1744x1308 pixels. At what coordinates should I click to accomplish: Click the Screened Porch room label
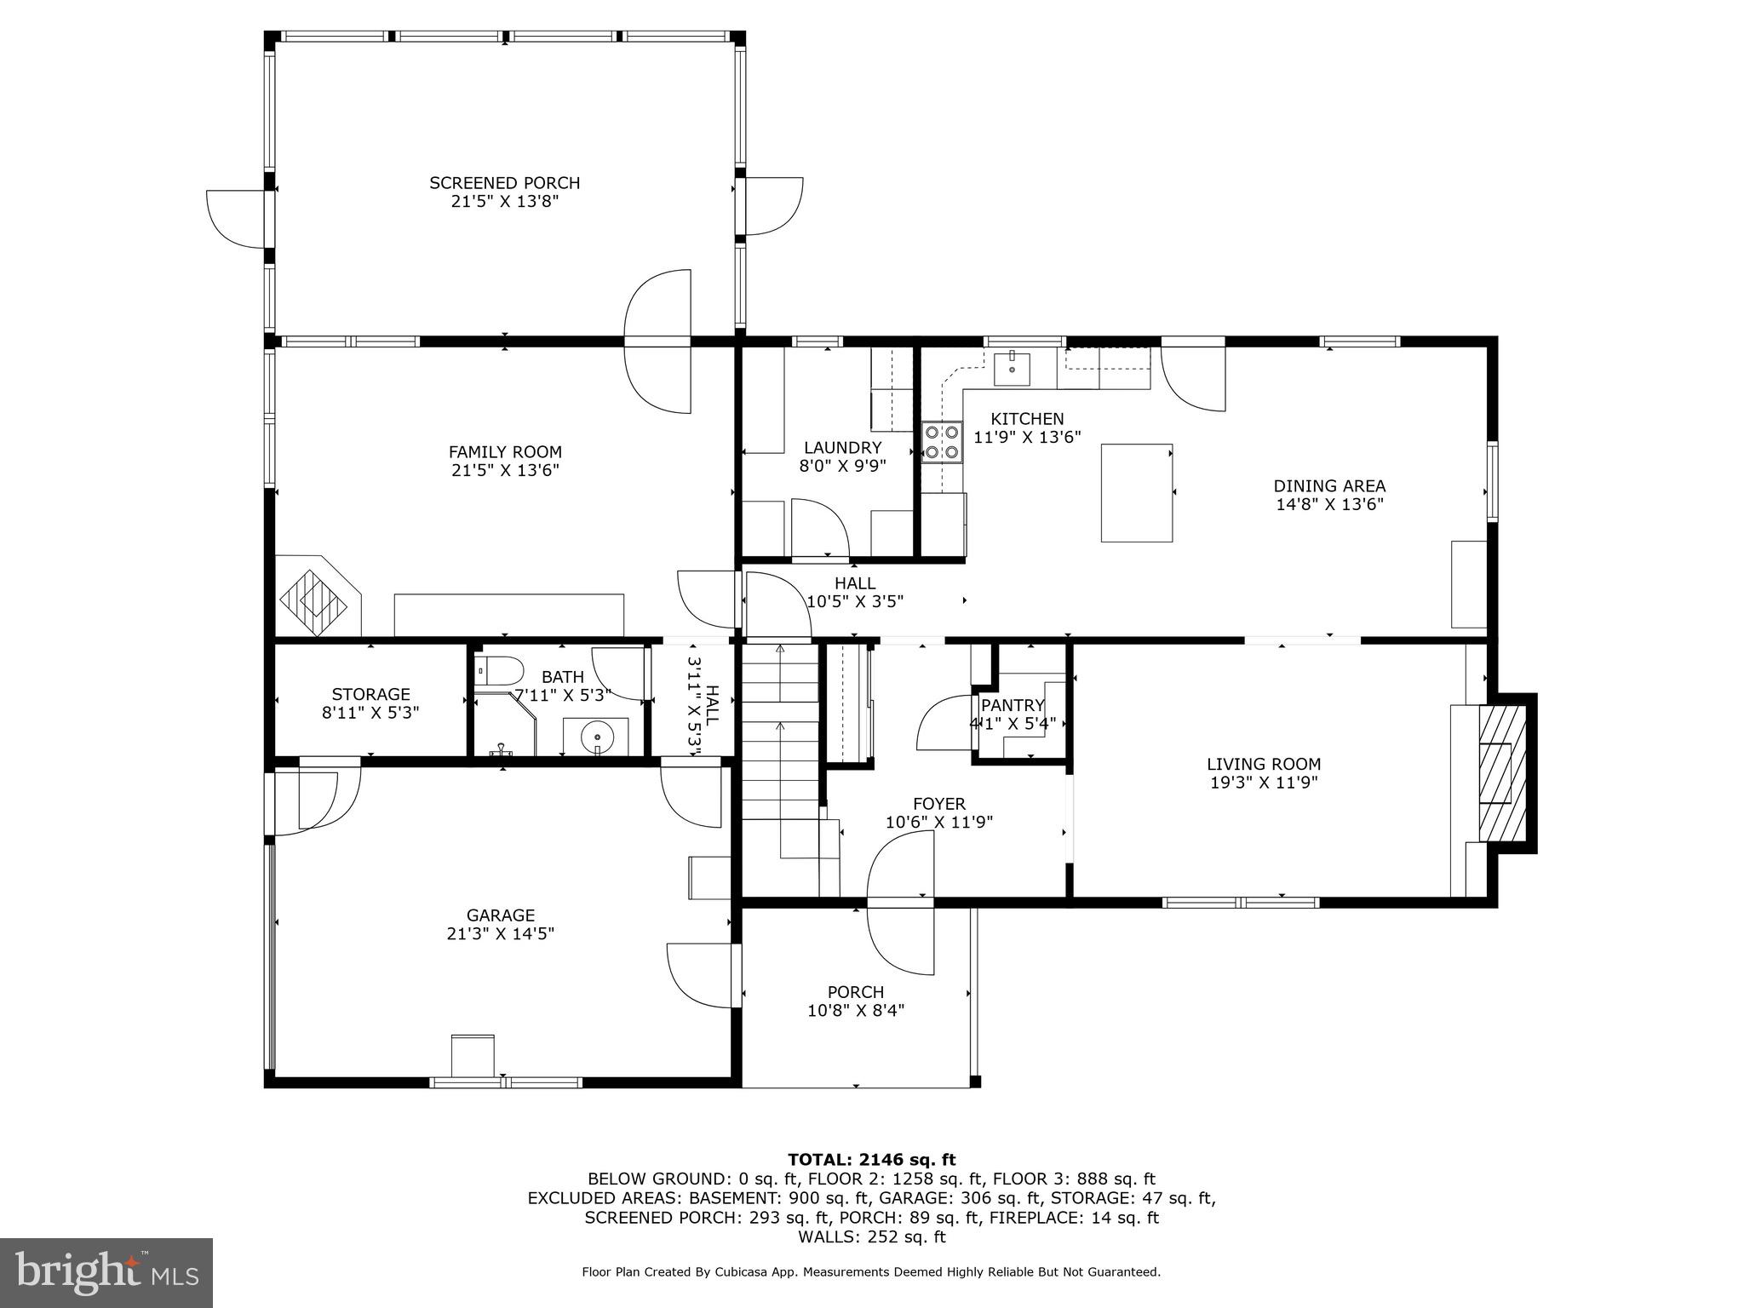point(504,183)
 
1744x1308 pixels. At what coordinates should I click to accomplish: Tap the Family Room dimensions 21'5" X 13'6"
point(505,470)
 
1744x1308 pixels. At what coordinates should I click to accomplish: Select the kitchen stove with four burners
point(942,442)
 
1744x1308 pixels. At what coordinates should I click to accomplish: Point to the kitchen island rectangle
point(1136,492)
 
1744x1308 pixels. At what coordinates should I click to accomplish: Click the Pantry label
point(1013,705)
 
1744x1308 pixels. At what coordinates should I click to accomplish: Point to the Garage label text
point(501,915)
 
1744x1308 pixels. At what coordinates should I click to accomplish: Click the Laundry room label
point(842,448)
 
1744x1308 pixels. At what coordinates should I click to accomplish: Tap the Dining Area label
point(1328,486)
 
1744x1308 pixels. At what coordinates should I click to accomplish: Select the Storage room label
point(370,694)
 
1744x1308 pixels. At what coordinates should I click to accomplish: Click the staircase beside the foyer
point(780,749)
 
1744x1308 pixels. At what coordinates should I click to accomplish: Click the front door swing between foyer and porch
point(901,903)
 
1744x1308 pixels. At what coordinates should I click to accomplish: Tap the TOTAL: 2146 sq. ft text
point(871,1159)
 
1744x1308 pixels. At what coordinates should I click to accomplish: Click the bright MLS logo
point(106,1272)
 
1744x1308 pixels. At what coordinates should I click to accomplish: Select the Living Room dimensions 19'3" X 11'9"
point(1264,783)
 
